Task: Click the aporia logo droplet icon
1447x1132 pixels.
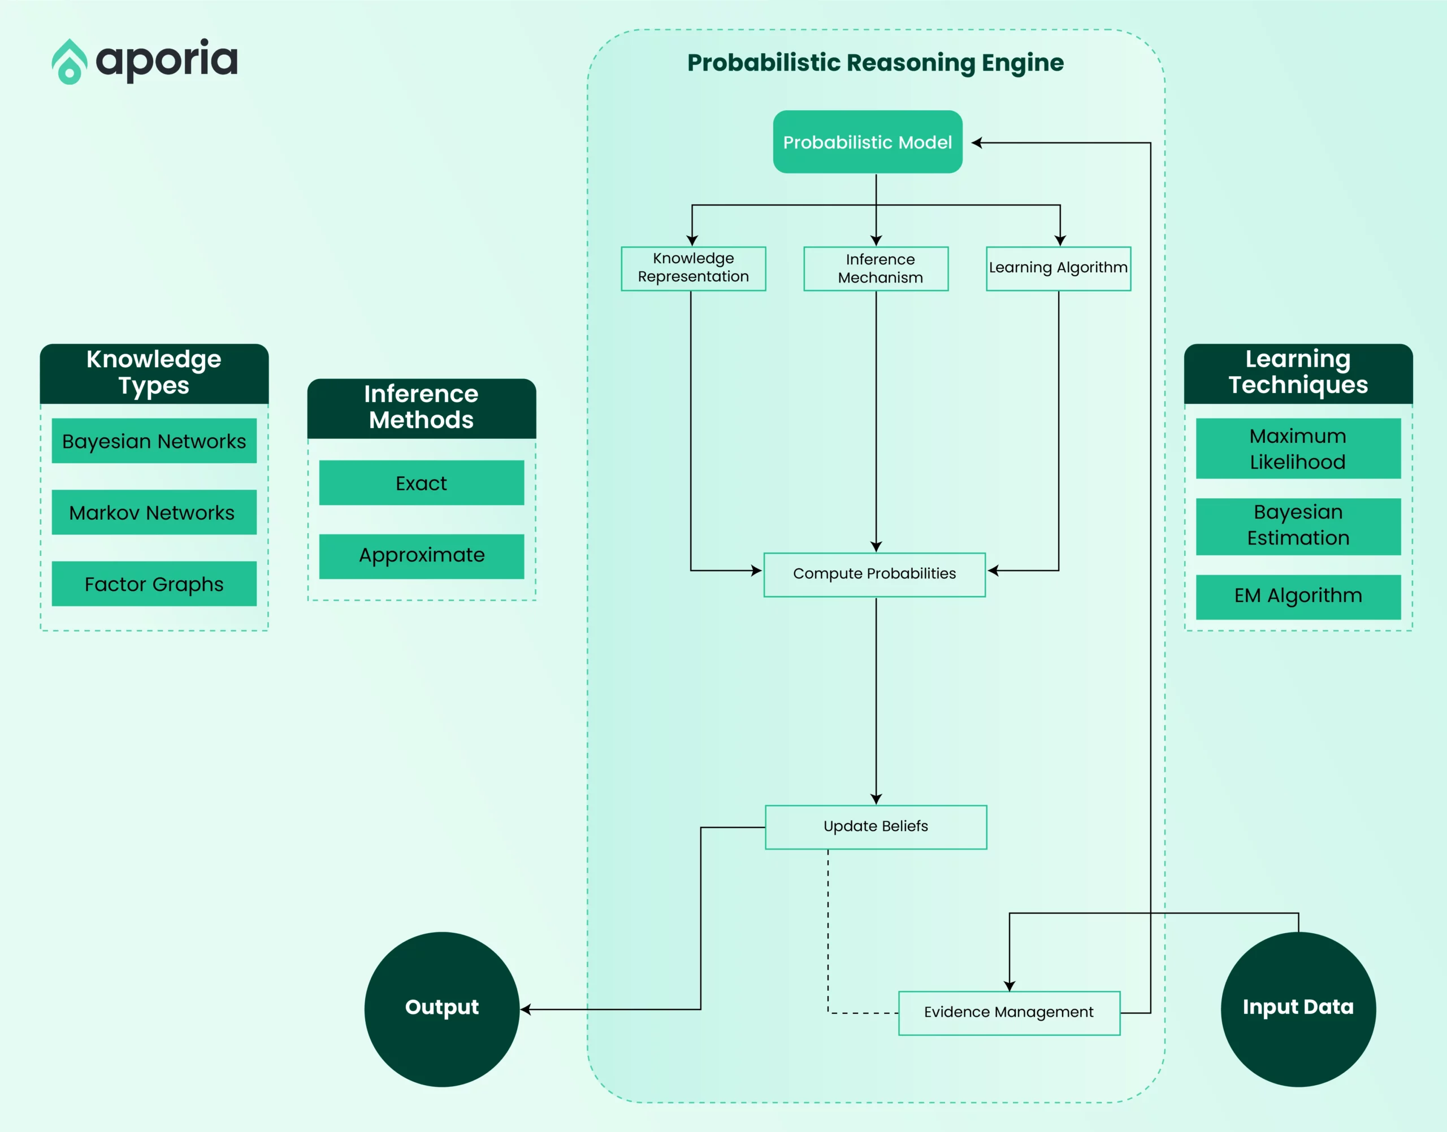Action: pos(70,62)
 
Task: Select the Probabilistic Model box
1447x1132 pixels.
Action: pos(868,142)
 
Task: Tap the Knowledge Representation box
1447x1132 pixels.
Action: pos(693,268)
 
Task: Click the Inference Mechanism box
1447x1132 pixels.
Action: pos(876,268)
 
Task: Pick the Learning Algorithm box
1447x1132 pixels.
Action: pos(1058,268)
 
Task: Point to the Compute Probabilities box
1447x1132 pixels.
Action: pos(874,574)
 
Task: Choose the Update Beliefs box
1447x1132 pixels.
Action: pos(876,827)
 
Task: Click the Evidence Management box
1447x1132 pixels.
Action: pos(1010,1013)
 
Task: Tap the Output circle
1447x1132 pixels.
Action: pos(441,1009)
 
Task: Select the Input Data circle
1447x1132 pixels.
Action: pos(1298,1009)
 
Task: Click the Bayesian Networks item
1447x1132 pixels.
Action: pos(154,441)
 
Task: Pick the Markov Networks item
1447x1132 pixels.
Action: pos(154,512)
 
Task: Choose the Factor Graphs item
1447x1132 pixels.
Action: pos(154,584)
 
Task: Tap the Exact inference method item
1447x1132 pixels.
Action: pos(422,482)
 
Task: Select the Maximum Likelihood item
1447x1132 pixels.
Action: pos(1298,449)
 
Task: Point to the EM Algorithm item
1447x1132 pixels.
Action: pos(1298,597)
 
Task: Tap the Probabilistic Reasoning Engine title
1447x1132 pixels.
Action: pos(876,63)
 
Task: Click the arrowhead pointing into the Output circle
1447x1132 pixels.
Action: pos(525,1009)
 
